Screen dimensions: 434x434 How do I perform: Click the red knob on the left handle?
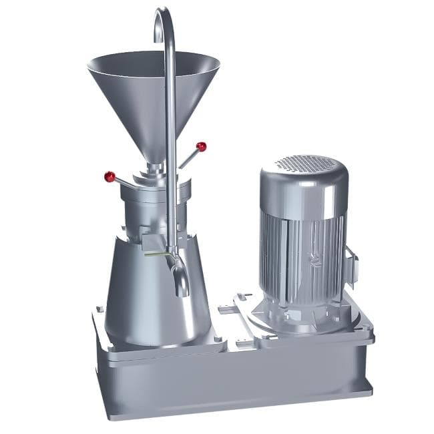point(109,176)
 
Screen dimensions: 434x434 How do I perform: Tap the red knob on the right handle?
point(202,146)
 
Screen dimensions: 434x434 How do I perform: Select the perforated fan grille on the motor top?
point(304,164)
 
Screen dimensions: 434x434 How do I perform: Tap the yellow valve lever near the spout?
point(155,254)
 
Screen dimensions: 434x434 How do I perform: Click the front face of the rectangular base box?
point(234,381)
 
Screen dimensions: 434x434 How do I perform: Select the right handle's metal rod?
point(188,156)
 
